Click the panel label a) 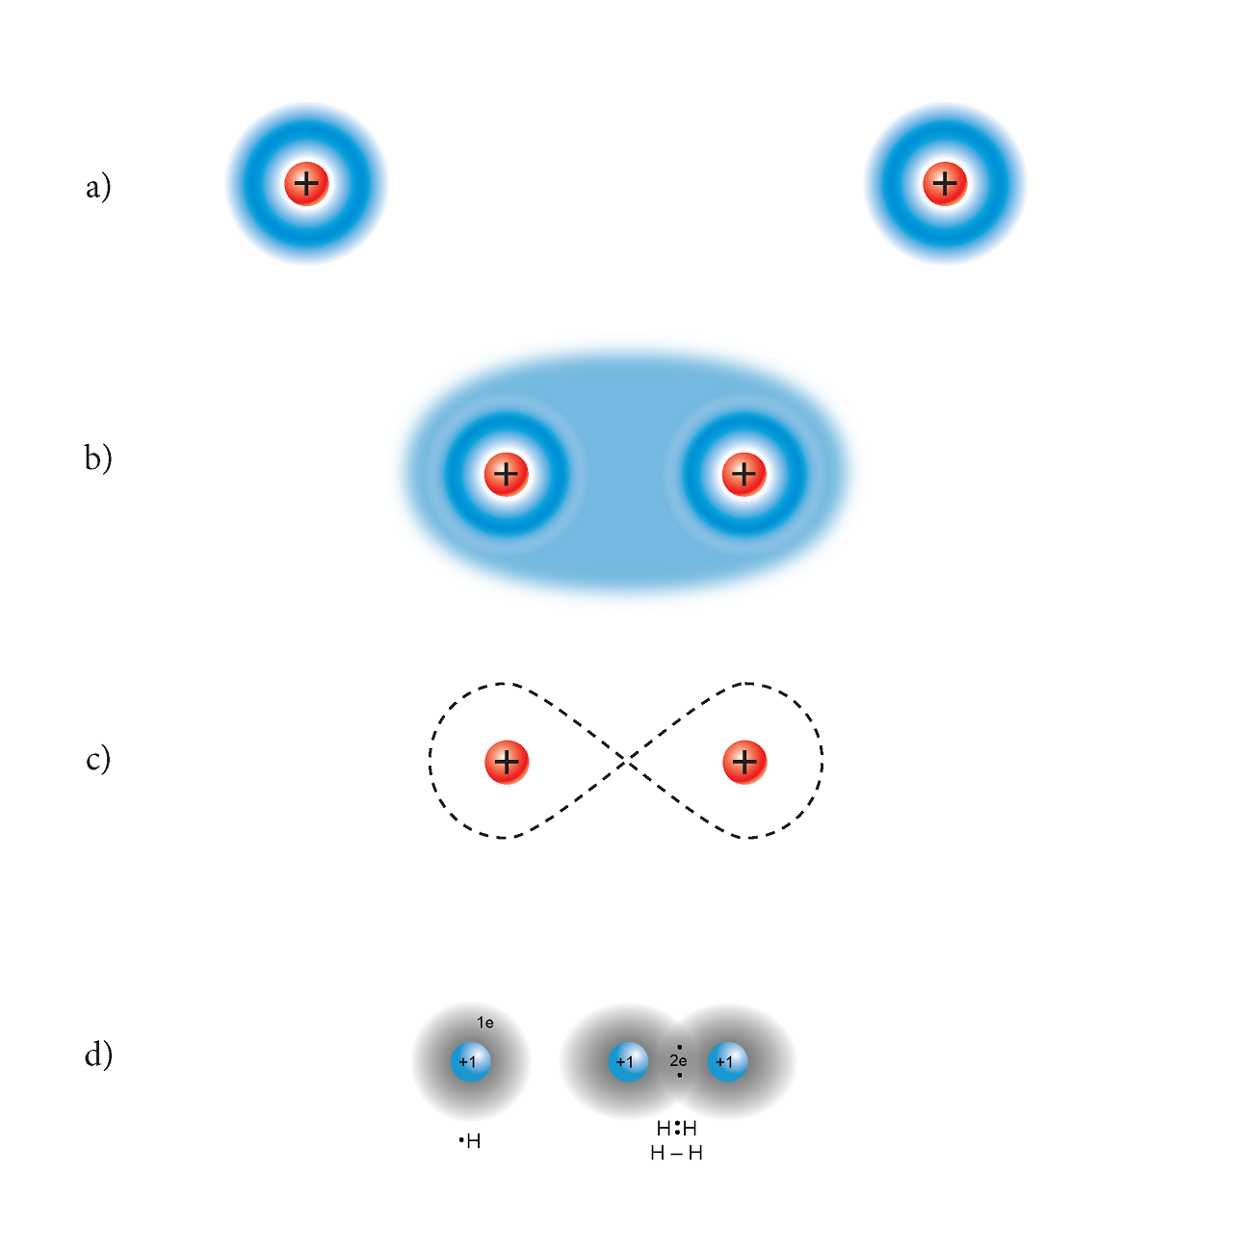(x=98, y=186)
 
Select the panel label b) (x=98, y=458)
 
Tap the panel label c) (x=98, y=760)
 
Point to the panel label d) (x=98, y=1056)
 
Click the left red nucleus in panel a (x=306, y=183)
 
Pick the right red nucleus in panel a (x=945, y=183)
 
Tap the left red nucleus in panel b (x=507, y=474)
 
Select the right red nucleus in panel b (x=743, y=474)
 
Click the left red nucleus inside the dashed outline (x=507, y=762)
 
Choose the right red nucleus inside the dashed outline (x=743, y=762)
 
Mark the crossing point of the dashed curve (x=626, y=762)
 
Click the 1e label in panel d (x=485, y=1023)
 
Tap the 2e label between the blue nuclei (x=678, y=1061)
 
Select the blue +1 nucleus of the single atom (x=470, y=1062)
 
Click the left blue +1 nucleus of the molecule (x=628, y=1062)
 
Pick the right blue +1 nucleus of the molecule (x=727, y=1062)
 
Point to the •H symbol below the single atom (x=471, y=1141)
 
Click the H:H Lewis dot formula (x=676, y=1128)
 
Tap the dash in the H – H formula (x=676, y=1154)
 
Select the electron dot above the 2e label (x=679, y=1047)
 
